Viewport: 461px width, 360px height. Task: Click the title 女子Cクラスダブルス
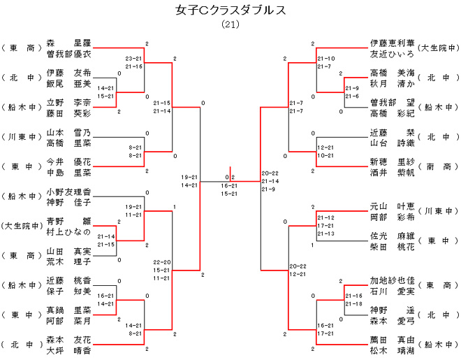(230, 11)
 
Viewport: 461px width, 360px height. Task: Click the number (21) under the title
(230, 25)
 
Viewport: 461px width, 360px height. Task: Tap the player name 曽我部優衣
(68, 54)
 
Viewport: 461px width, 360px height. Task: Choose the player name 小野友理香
(68, 192)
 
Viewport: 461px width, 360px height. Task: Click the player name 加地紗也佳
(393, 281)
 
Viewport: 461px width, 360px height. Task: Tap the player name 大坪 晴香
(68, 350)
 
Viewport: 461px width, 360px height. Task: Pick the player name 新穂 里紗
(393, 161)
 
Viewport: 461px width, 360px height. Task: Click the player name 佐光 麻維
(393, 236)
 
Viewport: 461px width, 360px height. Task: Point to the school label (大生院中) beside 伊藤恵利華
(438, 48)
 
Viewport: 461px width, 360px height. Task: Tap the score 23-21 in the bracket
(134, 58)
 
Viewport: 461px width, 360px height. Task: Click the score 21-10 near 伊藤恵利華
(325, 58)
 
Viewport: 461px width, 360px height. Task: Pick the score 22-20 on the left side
(162, 262)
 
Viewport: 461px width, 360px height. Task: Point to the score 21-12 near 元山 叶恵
(325, 217)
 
